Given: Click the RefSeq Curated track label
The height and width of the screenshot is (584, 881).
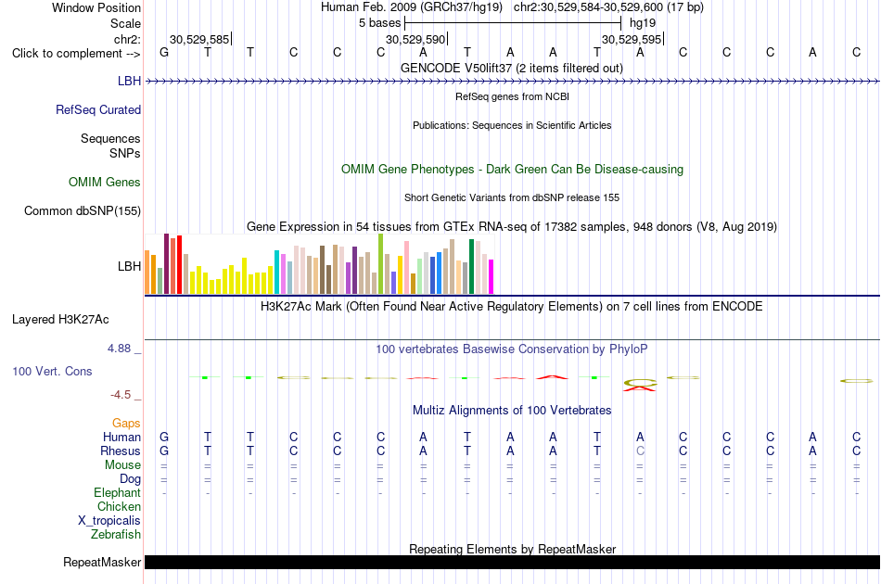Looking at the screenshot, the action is point(98,110).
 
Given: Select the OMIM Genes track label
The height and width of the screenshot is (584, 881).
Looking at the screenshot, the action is point(105,182).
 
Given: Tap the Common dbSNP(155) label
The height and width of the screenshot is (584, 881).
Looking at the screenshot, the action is point(83,211).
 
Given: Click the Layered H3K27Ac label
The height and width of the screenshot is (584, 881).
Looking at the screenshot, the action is point(60,320).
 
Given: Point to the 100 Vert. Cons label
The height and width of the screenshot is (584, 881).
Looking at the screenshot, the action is point(52,371).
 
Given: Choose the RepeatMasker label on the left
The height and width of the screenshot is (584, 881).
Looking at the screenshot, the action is point(102,562).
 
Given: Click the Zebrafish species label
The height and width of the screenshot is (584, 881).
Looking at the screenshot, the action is point(116,535).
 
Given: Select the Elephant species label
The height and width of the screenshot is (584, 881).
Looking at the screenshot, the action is point(118,492).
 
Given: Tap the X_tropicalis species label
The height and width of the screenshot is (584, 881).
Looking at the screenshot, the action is point(109,521).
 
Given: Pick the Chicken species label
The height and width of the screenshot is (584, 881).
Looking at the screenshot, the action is point(119,506).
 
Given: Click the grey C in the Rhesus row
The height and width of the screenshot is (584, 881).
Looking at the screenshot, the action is point(640,451).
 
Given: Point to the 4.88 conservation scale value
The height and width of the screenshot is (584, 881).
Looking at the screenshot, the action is point(119,349).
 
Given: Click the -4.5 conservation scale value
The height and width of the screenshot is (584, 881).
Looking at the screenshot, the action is point(121,395).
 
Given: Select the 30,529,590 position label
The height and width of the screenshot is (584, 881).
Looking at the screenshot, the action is point(415,39).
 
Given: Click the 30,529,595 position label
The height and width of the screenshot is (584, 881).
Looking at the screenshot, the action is point(632,39).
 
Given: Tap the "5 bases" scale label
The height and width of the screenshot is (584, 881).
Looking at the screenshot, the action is point(380,23).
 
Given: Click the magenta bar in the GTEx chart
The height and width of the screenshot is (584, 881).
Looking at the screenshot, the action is point(492,277).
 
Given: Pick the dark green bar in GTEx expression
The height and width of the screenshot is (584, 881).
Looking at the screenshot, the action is point(471,267).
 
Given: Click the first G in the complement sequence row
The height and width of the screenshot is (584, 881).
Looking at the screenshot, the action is point(164,52).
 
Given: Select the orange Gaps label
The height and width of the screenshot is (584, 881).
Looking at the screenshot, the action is point(126,424).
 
